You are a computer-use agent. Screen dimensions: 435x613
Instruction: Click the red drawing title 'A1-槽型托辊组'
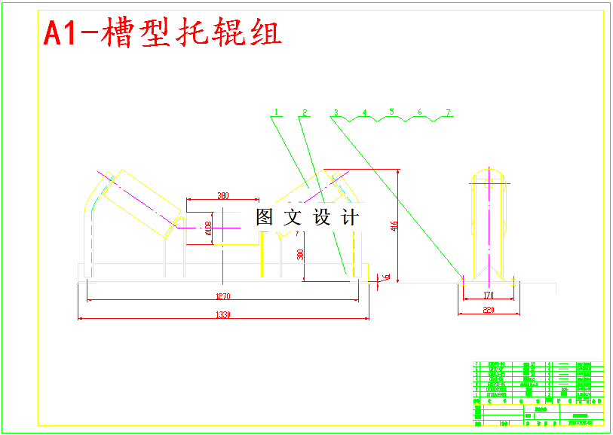163,34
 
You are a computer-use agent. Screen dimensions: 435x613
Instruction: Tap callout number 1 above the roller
277,112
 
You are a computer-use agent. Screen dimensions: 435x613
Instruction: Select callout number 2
305,112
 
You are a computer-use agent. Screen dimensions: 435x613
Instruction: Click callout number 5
392,112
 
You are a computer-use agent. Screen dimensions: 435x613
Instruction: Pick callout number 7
448,112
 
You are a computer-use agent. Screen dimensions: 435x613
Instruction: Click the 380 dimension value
223,196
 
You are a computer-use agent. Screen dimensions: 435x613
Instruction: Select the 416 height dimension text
394,226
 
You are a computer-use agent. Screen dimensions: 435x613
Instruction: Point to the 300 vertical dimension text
300,255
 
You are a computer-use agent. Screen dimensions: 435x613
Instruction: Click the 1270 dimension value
223,296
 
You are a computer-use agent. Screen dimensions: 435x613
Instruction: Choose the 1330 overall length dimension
223,314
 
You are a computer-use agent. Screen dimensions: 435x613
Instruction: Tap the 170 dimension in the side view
489,296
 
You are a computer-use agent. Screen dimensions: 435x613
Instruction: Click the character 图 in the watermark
265,218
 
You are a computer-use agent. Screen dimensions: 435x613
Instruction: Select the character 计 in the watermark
351,218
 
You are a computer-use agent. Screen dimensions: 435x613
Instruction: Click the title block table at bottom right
538,394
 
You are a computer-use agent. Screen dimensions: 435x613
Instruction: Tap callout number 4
364,112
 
